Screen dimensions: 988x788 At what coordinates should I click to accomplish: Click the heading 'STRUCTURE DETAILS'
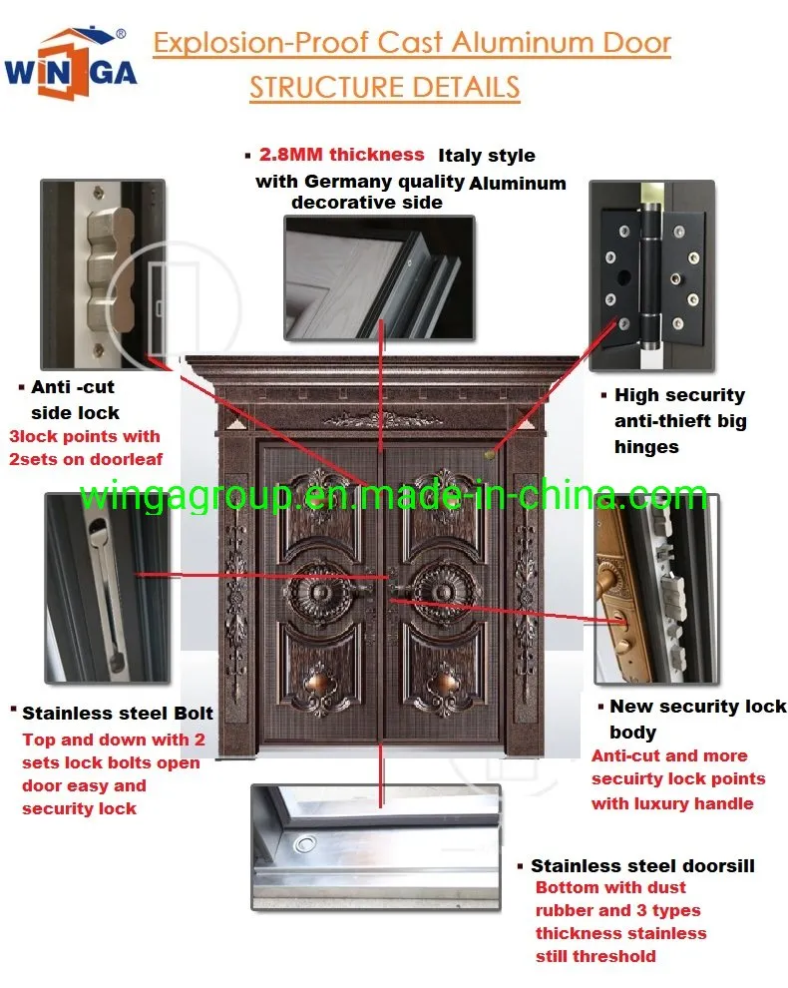pyautogui.click(x=384, y=87)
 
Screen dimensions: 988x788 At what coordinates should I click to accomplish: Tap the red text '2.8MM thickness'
pyautogui.click(x=341, y=155)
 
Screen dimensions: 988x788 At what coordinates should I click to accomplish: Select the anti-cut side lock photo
pyautogui.click(x=101, y=272)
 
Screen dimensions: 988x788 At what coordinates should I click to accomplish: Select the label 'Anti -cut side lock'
pyautogui.click(x=76, y=399)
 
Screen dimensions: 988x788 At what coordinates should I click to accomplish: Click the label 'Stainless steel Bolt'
pyautogui.click(x=117, y=714)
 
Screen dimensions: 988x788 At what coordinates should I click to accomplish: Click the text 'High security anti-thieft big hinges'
pyautogui.click(x=679, y=421)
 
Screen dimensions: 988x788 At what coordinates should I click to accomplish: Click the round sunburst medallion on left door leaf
pyautogui.click(x=327, y=584)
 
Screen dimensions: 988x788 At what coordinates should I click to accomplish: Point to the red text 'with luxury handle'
pyautogui.click(x=671, y=803)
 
